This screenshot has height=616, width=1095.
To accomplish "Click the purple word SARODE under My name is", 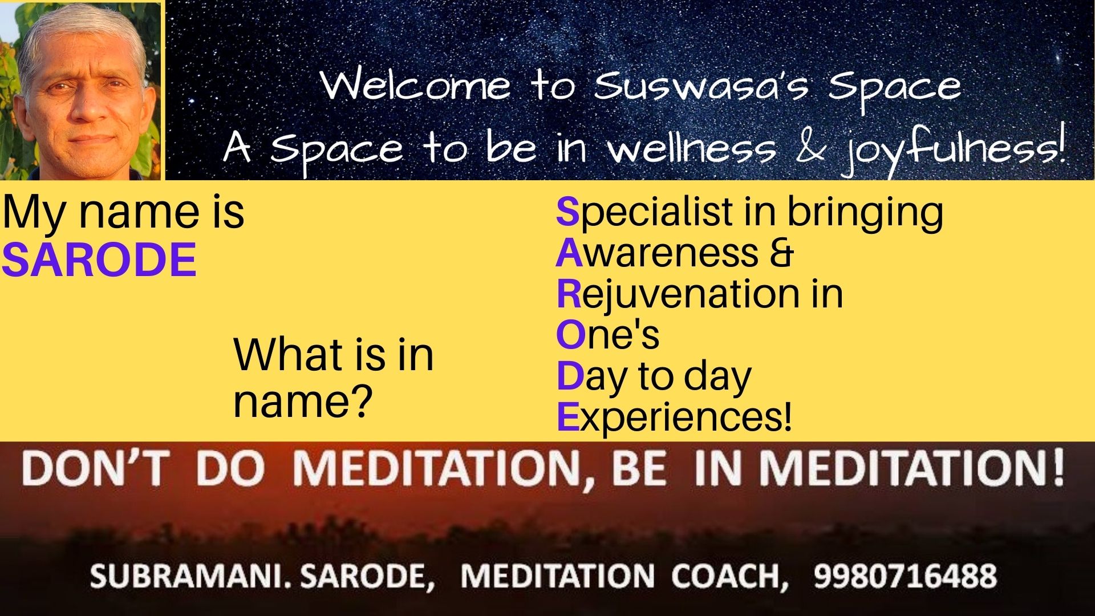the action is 99,260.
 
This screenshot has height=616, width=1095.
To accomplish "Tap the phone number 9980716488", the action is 905,576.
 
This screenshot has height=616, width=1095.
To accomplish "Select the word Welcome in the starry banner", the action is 416,86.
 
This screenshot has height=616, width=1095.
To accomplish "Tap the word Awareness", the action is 658,253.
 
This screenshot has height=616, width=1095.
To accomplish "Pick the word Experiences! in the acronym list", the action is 674,418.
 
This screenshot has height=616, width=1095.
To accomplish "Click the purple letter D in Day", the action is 570,376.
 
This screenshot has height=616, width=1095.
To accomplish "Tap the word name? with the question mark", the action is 303,401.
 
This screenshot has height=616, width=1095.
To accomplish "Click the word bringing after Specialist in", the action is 865,213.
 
